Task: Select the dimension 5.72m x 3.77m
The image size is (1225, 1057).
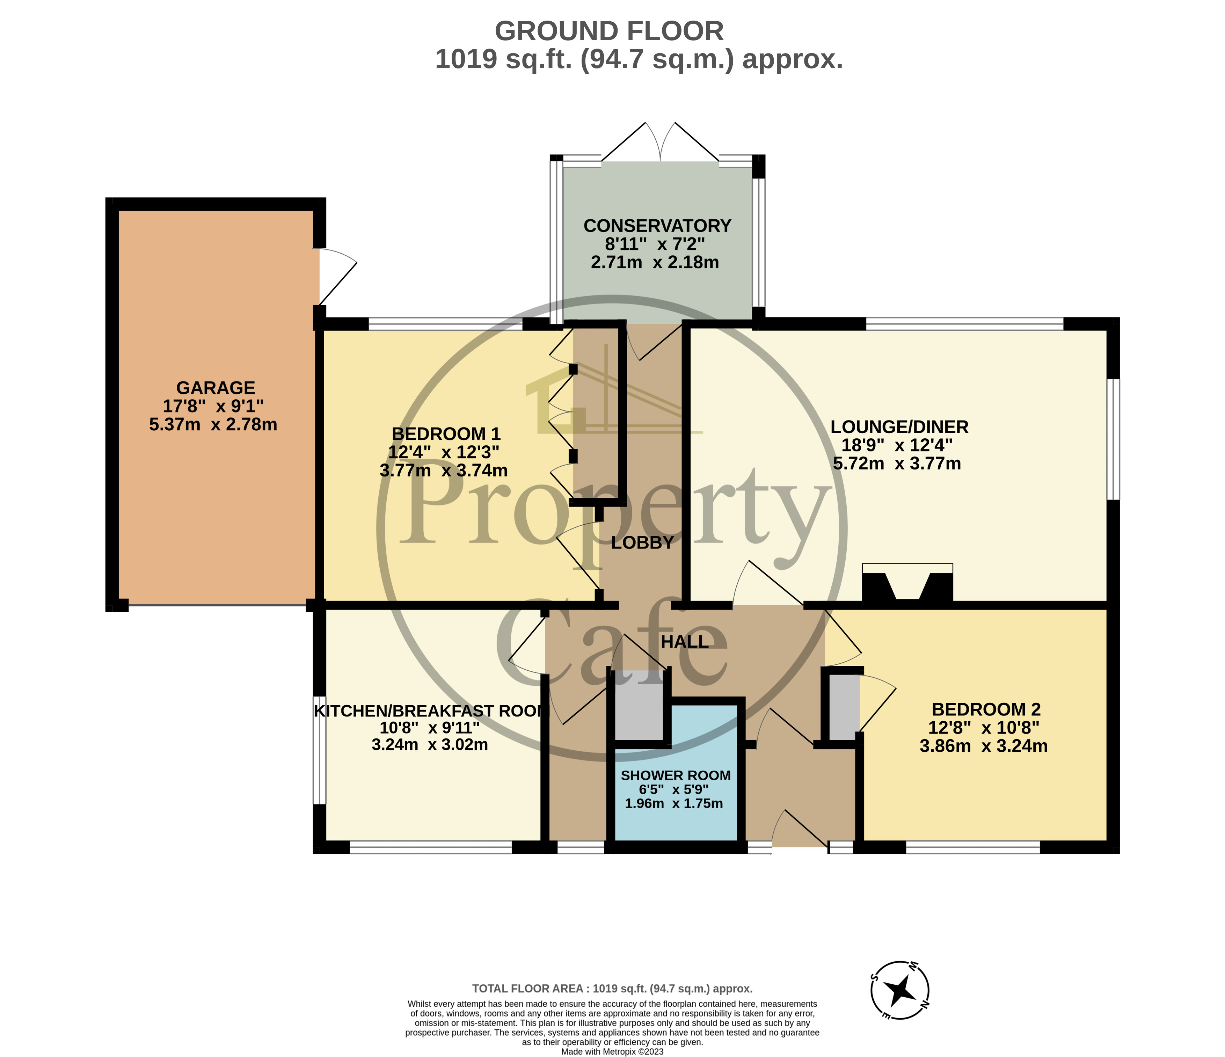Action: click(x=897, y=464)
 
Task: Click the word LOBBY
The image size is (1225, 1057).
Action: click(x=642, y=543)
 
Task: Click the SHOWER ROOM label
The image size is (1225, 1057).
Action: click(x=675, y=775)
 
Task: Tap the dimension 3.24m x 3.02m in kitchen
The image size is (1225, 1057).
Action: click(x=430, y=745)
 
